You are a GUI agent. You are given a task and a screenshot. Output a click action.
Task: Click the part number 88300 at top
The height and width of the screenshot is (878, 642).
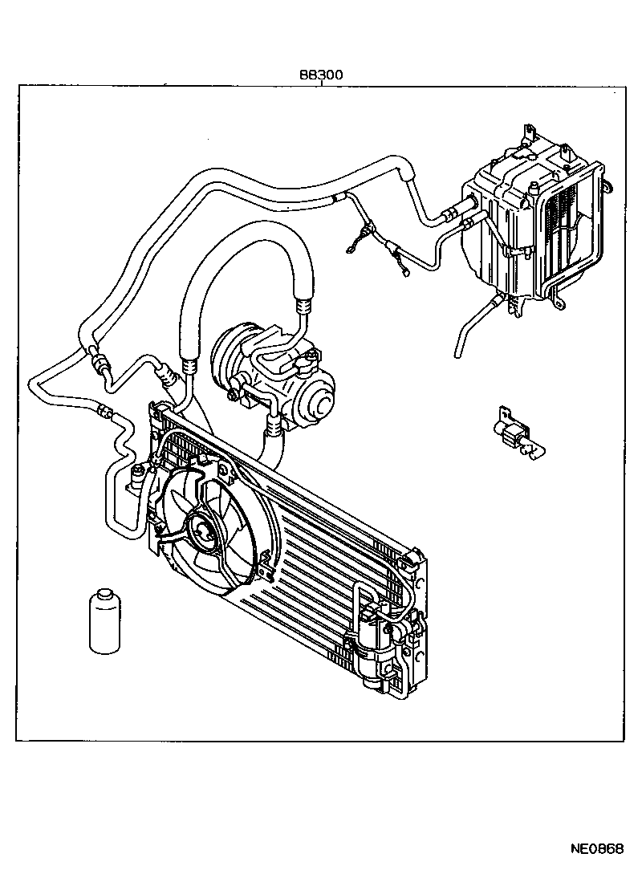pos(321,75)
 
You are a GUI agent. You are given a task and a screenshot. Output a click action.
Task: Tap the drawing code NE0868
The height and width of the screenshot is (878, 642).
pos(597,850)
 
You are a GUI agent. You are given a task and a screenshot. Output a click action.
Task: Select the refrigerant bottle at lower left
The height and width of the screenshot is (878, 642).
pos(102,622)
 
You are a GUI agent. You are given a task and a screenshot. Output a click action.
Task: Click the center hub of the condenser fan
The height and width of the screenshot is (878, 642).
pos(198,529)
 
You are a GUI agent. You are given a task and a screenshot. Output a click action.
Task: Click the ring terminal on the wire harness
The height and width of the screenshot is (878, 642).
pos(353,249)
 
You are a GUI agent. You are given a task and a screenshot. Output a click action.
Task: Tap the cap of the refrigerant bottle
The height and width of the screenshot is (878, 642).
pos(102,595)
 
